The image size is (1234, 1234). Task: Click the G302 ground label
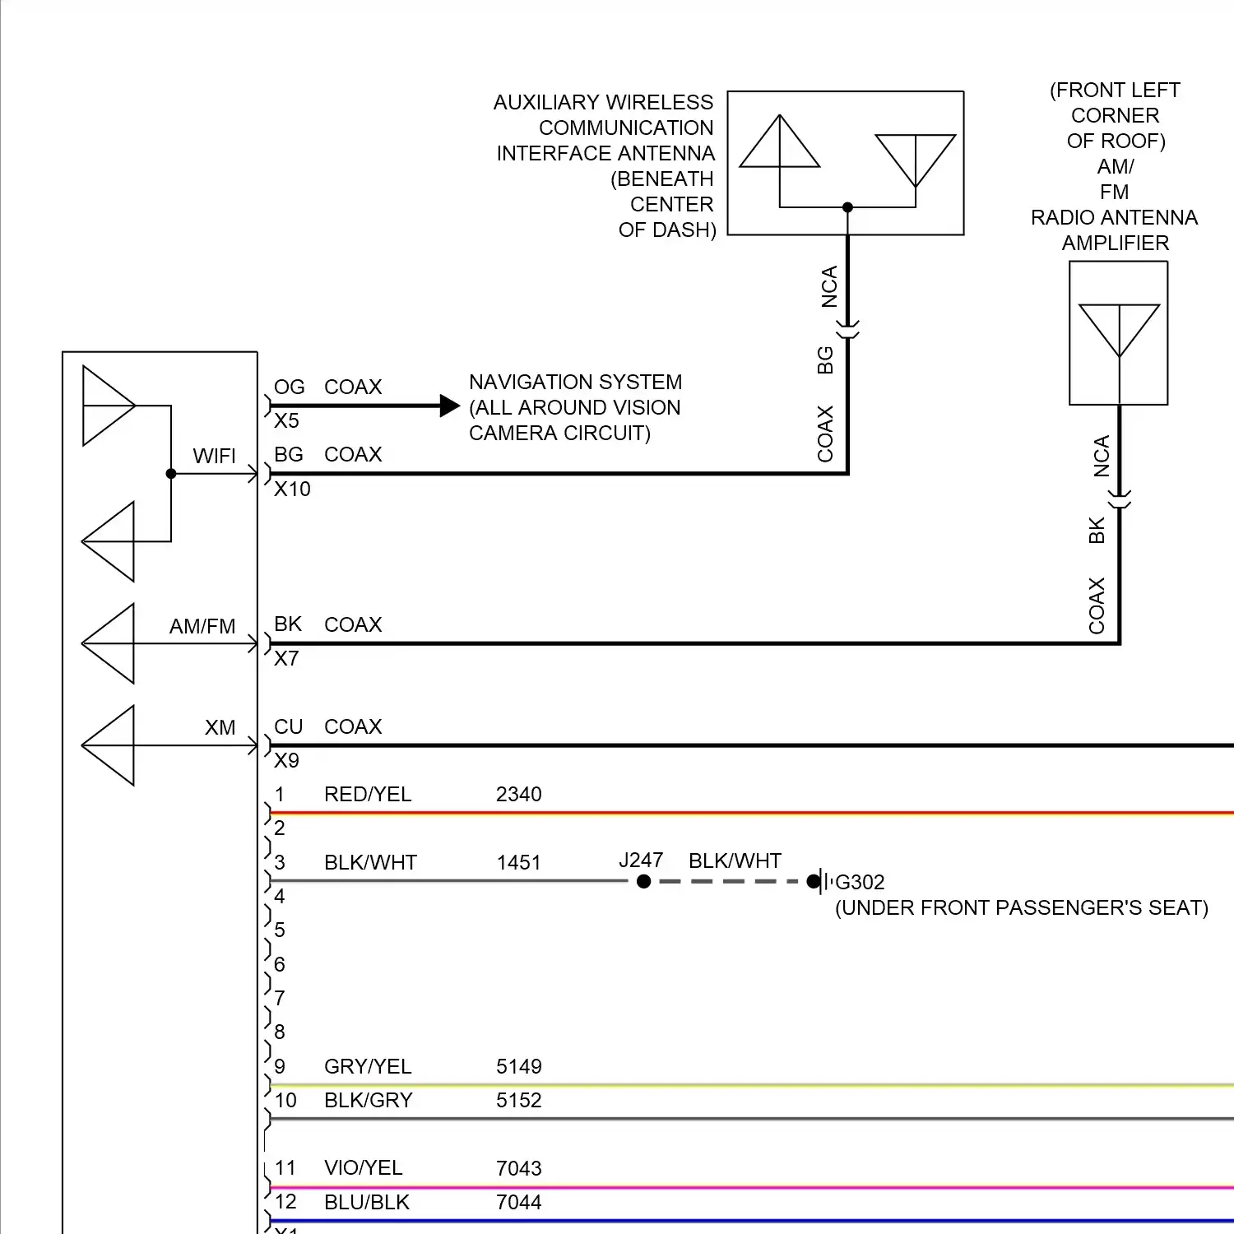[x=860, y=882]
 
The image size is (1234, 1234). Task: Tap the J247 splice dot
[x=644, y=882]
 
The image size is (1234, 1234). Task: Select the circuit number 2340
[x=518, y=794]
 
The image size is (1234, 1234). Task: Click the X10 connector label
[x=292, y=489]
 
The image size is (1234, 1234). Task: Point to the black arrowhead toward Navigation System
[x=449, y=406]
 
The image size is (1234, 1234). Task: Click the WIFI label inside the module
[x=214, y=457]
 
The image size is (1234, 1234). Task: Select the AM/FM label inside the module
[x=202, y=627]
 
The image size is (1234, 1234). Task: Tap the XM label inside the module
[x=220, y=728]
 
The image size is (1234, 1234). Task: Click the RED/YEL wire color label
[x=368, y=794]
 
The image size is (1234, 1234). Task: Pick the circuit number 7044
[x=518, y=1202]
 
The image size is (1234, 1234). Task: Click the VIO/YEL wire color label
[x=363, y=1168]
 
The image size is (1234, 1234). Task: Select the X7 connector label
[x=286, y=659]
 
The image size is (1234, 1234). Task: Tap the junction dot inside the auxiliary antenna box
[x=847, y=207]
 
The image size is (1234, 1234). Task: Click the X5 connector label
[x=286, y=421]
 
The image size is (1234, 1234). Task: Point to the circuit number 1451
[x=518, y=863]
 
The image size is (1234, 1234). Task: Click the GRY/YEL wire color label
[x=368, y=1067]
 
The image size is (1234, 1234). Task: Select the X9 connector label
[x=286, y=761]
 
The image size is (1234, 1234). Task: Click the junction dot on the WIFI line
[x=171, y=474]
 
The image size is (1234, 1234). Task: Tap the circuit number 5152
[x=518, y=1101]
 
